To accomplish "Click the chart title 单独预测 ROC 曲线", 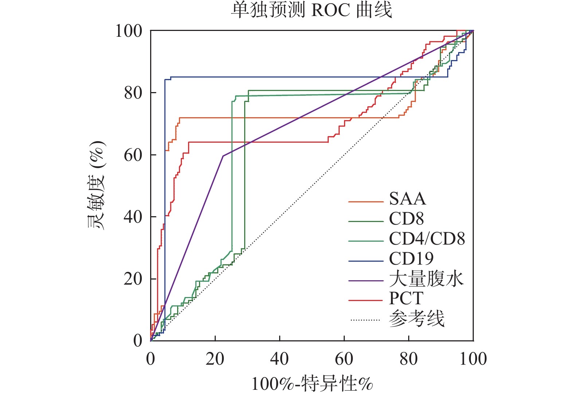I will point(312,10).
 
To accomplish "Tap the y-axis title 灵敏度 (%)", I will point(96,185).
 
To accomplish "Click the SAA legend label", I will point(407,199).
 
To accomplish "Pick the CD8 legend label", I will point(406,219).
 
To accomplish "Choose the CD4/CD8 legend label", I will point(427,239).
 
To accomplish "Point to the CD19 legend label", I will point(411,259).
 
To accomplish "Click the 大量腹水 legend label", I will point(426,279).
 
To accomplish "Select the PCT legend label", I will point(406,298).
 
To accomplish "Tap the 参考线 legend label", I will point(417,319).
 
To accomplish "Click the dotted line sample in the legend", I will point(366,320).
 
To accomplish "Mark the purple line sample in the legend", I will point(366,281).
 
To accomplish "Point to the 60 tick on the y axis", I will point(133,155).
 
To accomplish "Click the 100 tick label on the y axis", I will point(129,31).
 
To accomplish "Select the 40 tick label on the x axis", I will point(280,359).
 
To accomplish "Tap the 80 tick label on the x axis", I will point(409,359).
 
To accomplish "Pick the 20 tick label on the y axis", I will point(133,279).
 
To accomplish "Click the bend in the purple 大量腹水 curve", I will point(223,156).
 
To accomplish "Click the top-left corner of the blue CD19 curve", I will point(165,79).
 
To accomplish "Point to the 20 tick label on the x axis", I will point(215,359).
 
